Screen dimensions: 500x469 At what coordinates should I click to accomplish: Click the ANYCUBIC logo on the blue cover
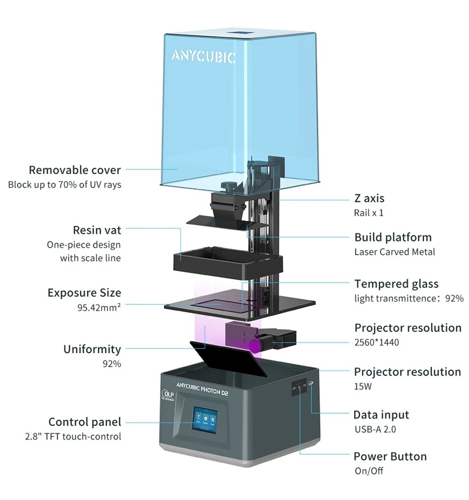tap(204, 56)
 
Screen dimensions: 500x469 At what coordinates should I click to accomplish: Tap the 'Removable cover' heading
tap(75, 170)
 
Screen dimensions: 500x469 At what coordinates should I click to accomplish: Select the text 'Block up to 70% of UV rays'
tap(65, 184)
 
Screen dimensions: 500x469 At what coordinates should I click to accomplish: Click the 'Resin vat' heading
tap(97, 230)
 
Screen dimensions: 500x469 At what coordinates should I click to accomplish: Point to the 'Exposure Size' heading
tap(84, 293)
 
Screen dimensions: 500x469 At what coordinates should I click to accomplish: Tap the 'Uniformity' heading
tap(92, 349)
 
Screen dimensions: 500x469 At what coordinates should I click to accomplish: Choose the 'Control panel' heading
tap(85, 422)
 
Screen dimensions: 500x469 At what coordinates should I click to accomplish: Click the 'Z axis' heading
tap(370, 198)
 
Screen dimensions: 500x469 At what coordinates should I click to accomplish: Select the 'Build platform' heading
tap(393, 237)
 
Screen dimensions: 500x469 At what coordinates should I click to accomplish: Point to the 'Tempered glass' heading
tap(396, 284)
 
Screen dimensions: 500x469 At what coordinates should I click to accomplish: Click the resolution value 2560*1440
tap(377, 342)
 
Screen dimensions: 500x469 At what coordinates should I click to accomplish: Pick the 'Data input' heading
tap(381, 415)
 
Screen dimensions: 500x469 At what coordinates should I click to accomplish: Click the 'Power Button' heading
tap(390, 456)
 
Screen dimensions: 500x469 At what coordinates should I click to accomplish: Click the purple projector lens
tap(256, 346)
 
